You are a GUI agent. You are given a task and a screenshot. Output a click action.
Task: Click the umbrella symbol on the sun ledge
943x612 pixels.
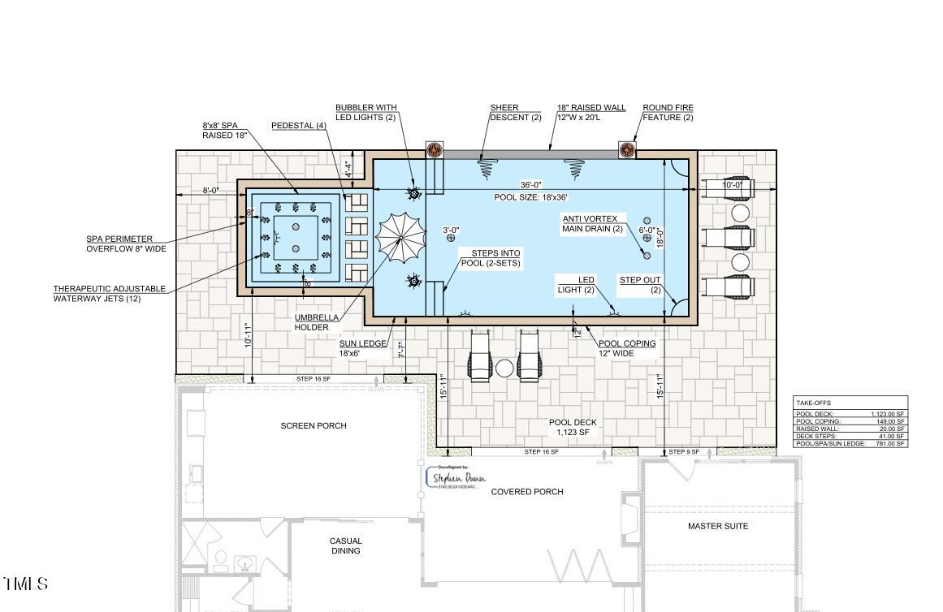pyautogui.click(x=400, y=239)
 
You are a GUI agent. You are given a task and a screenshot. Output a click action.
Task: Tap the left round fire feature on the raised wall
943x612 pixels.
pyautogui.click(x=434, y=149)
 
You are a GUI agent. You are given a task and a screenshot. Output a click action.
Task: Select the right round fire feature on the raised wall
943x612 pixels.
pyautogui.click(x=627, y=149)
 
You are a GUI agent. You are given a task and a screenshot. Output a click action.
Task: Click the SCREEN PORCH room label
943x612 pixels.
pyautogui.click(x=314, y=425)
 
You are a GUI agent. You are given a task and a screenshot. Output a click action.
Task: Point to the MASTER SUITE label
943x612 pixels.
pyautogui.click(x=718, y=526)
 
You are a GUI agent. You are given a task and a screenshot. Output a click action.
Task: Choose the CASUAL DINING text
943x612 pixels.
pyautogui.click(x=345, y=545)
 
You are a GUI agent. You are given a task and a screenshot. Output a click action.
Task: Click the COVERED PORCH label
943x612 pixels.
pyautogui.click(x=527, y=491)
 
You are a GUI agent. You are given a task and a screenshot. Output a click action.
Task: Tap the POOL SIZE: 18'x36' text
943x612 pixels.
pyautogui.click(x=530, y=197)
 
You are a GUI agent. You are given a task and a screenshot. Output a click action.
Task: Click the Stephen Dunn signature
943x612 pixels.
pyautogui.click(x=460, y=478)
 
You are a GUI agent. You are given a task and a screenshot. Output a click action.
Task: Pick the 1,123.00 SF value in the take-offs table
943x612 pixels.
pyautogui.click(x=888, y=414)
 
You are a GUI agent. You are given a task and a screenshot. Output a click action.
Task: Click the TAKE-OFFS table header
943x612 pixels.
pyautogui.click(x=813, y=403)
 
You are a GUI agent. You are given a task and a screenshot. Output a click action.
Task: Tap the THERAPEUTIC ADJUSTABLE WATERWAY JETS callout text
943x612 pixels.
pyautogui.click(x=110, y=293)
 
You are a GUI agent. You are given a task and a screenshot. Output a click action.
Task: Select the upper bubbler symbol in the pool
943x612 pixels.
pyautogui.click(x=413, y=194)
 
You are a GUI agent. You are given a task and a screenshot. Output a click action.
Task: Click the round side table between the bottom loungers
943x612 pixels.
pyautogui.click(x=504, y=368)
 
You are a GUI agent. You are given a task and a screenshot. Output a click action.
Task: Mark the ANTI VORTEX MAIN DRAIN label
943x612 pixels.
pyautogui.click(x=591, y=224)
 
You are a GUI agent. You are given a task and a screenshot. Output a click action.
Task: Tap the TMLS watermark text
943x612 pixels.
pyautogui.click(x=26, y=584)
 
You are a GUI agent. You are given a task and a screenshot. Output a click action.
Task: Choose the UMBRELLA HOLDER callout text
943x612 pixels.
pyautogui.click(x=312, y=322)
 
